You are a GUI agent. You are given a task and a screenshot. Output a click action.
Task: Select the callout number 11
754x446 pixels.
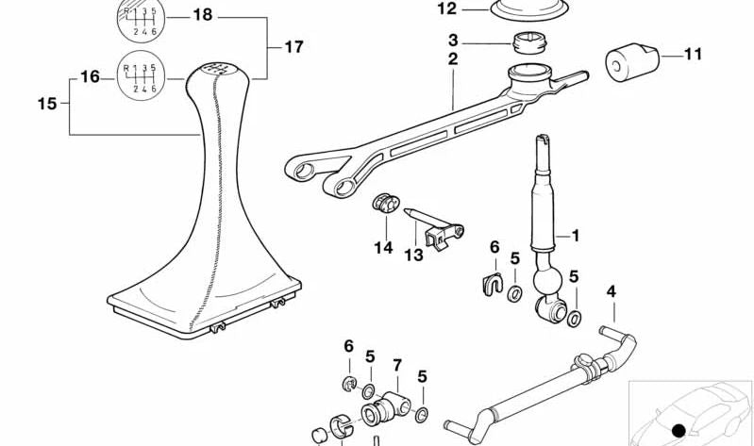click(693, 55)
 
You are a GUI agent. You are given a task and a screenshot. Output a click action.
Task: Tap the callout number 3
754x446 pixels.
click(453, 41)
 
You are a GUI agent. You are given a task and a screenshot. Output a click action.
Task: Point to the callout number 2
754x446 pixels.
click(453, 59)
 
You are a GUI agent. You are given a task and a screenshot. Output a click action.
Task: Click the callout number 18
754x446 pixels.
click(203, 14)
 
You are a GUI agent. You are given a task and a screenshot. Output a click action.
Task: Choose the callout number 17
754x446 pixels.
click(293, 45)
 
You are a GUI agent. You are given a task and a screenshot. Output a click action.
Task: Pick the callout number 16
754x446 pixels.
click(91, 76)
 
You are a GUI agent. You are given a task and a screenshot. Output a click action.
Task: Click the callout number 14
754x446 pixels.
click(382, 248)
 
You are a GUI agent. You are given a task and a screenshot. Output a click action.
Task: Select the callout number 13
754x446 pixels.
click(415, 256)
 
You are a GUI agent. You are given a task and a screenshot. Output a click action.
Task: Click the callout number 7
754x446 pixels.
click(397, 364)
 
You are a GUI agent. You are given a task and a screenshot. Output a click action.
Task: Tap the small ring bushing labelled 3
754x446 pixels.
click(530, 42)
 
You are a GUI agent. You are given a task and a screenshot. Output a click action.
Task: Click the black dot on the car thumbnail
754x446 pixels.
click(678, 431)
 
